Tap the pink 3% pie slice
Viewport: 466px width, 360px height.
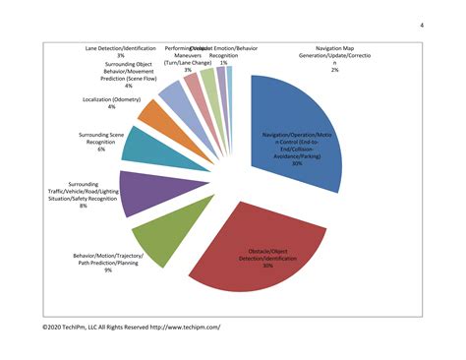click(193, 88)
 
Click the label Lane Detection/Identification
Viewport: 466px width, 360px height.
click(120, 46)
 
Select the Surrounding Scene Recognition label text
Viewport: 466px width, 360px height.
click(101, 138)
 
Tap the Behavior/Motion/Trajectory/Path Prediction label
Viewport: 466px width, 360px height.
click(107, 259)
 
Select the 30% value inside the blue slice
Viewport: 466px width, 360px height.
click(296, 163)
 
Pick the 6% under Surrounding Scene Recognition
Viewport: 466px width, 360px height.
click(101, 149)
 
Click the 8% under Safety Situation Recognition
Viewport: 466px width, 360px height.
click(84, 206)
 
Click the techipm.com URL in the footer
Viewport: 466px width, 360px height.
click(187, 325)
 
